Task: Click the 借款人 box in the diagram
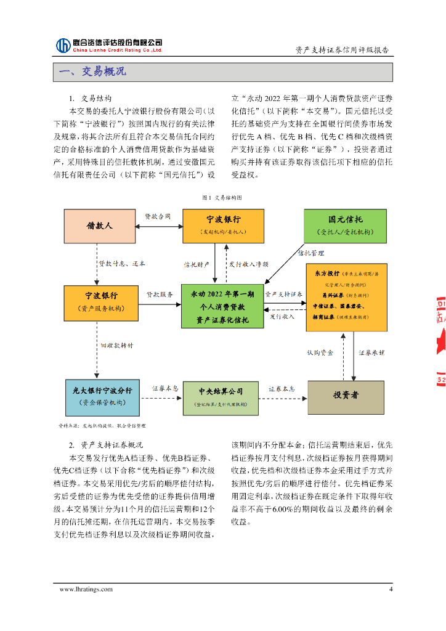pos(100,226)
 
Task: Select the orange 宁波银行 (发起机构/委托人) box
pos(223,226)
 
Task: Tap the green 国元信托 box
pos(345,226)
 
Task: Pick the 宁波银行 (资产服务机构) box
pos(100,303)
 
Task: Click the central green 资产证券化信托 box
pos(222,306)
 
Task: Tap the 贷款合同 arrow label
pos(158,216)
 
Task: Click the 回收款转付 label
pos(117,346)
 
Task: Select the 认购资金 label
pos(320,353)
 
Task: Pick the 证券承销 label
pos(371,353)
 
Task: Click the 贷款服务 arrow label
pos(159,295)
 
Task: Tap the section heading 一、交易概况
pos(92,72)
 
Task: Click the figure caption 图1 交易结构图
pos(222,198)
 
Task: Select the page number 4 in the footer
pos(391,589)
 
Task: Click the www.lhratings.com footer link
pos(86,589)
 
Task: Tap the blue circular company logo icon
pos(63,46)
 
